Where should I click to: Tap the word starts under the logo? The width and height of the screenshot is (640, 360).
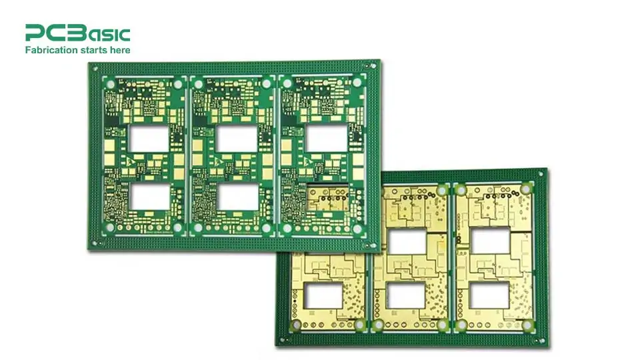click(93, 50)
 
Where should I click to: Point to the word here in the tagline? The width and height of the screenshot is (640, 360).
click(120, 50)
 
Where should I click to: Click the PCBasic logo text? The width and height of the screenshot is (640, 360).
click(77, 33)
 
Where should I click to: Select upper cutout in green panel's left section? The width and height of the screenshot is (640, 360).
click(149, 138)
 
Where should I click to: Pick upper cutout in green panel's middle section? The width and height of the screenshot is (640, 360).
click(237, 138)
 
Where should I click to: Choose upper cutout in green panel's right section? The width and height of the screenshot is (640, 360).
click(327, 138)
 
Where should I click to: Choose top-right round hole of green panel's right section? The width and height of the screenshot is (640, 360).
click(357, 83)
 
